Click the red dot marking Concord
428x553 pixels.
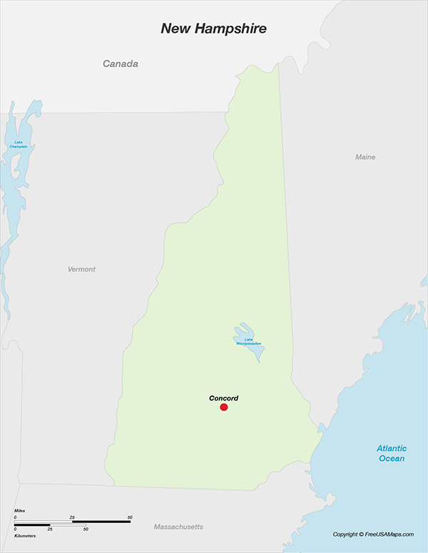(224, 407)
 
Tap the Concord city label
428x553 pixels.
(223, 398)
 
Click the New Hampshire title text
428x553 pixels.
(213, 29)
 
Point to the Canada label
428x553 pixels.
(121, 64)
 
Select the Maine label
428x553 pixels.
(365, 157)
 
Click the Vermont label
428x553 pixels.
(81, 269)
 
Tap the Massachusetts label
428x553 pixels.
(178, 527)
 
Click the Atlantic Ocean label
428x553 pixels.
(392, 453)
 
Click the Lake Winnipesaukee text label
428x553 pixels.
(249, 342)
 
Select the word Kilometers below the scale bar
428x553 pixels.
(25, 535)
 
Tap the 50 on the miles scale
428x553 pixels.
(130, 517)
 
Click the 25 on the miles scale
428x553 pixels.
(72, 517)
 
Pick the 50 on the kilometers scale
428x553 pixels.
(85, 529)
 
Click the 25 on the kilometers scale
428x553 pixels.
(50, 529)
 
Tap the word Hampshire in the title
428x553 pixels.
(232, 29)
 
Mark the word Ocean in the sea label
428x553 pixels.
(392, 458)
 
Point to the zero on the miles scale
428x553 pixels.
(15, 517)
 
